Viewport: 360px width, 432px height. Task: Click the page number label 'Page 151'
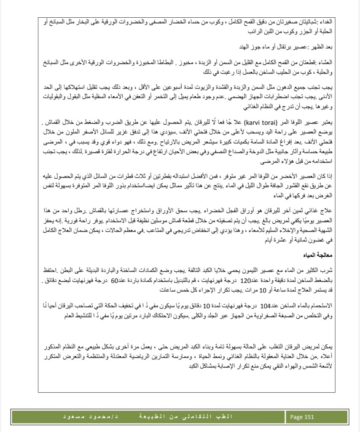click(302, 417)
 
